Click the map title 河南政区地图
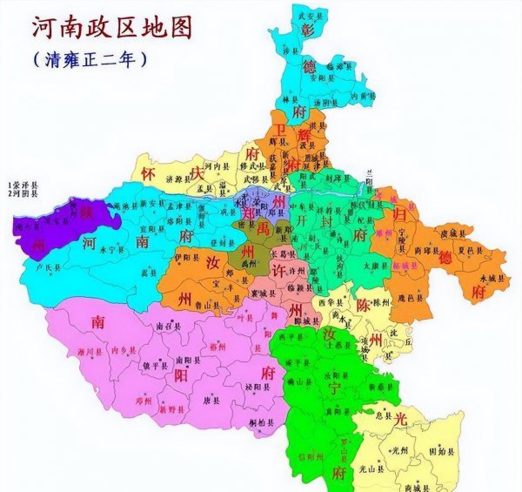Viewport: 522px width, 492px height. click(112, 26)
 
